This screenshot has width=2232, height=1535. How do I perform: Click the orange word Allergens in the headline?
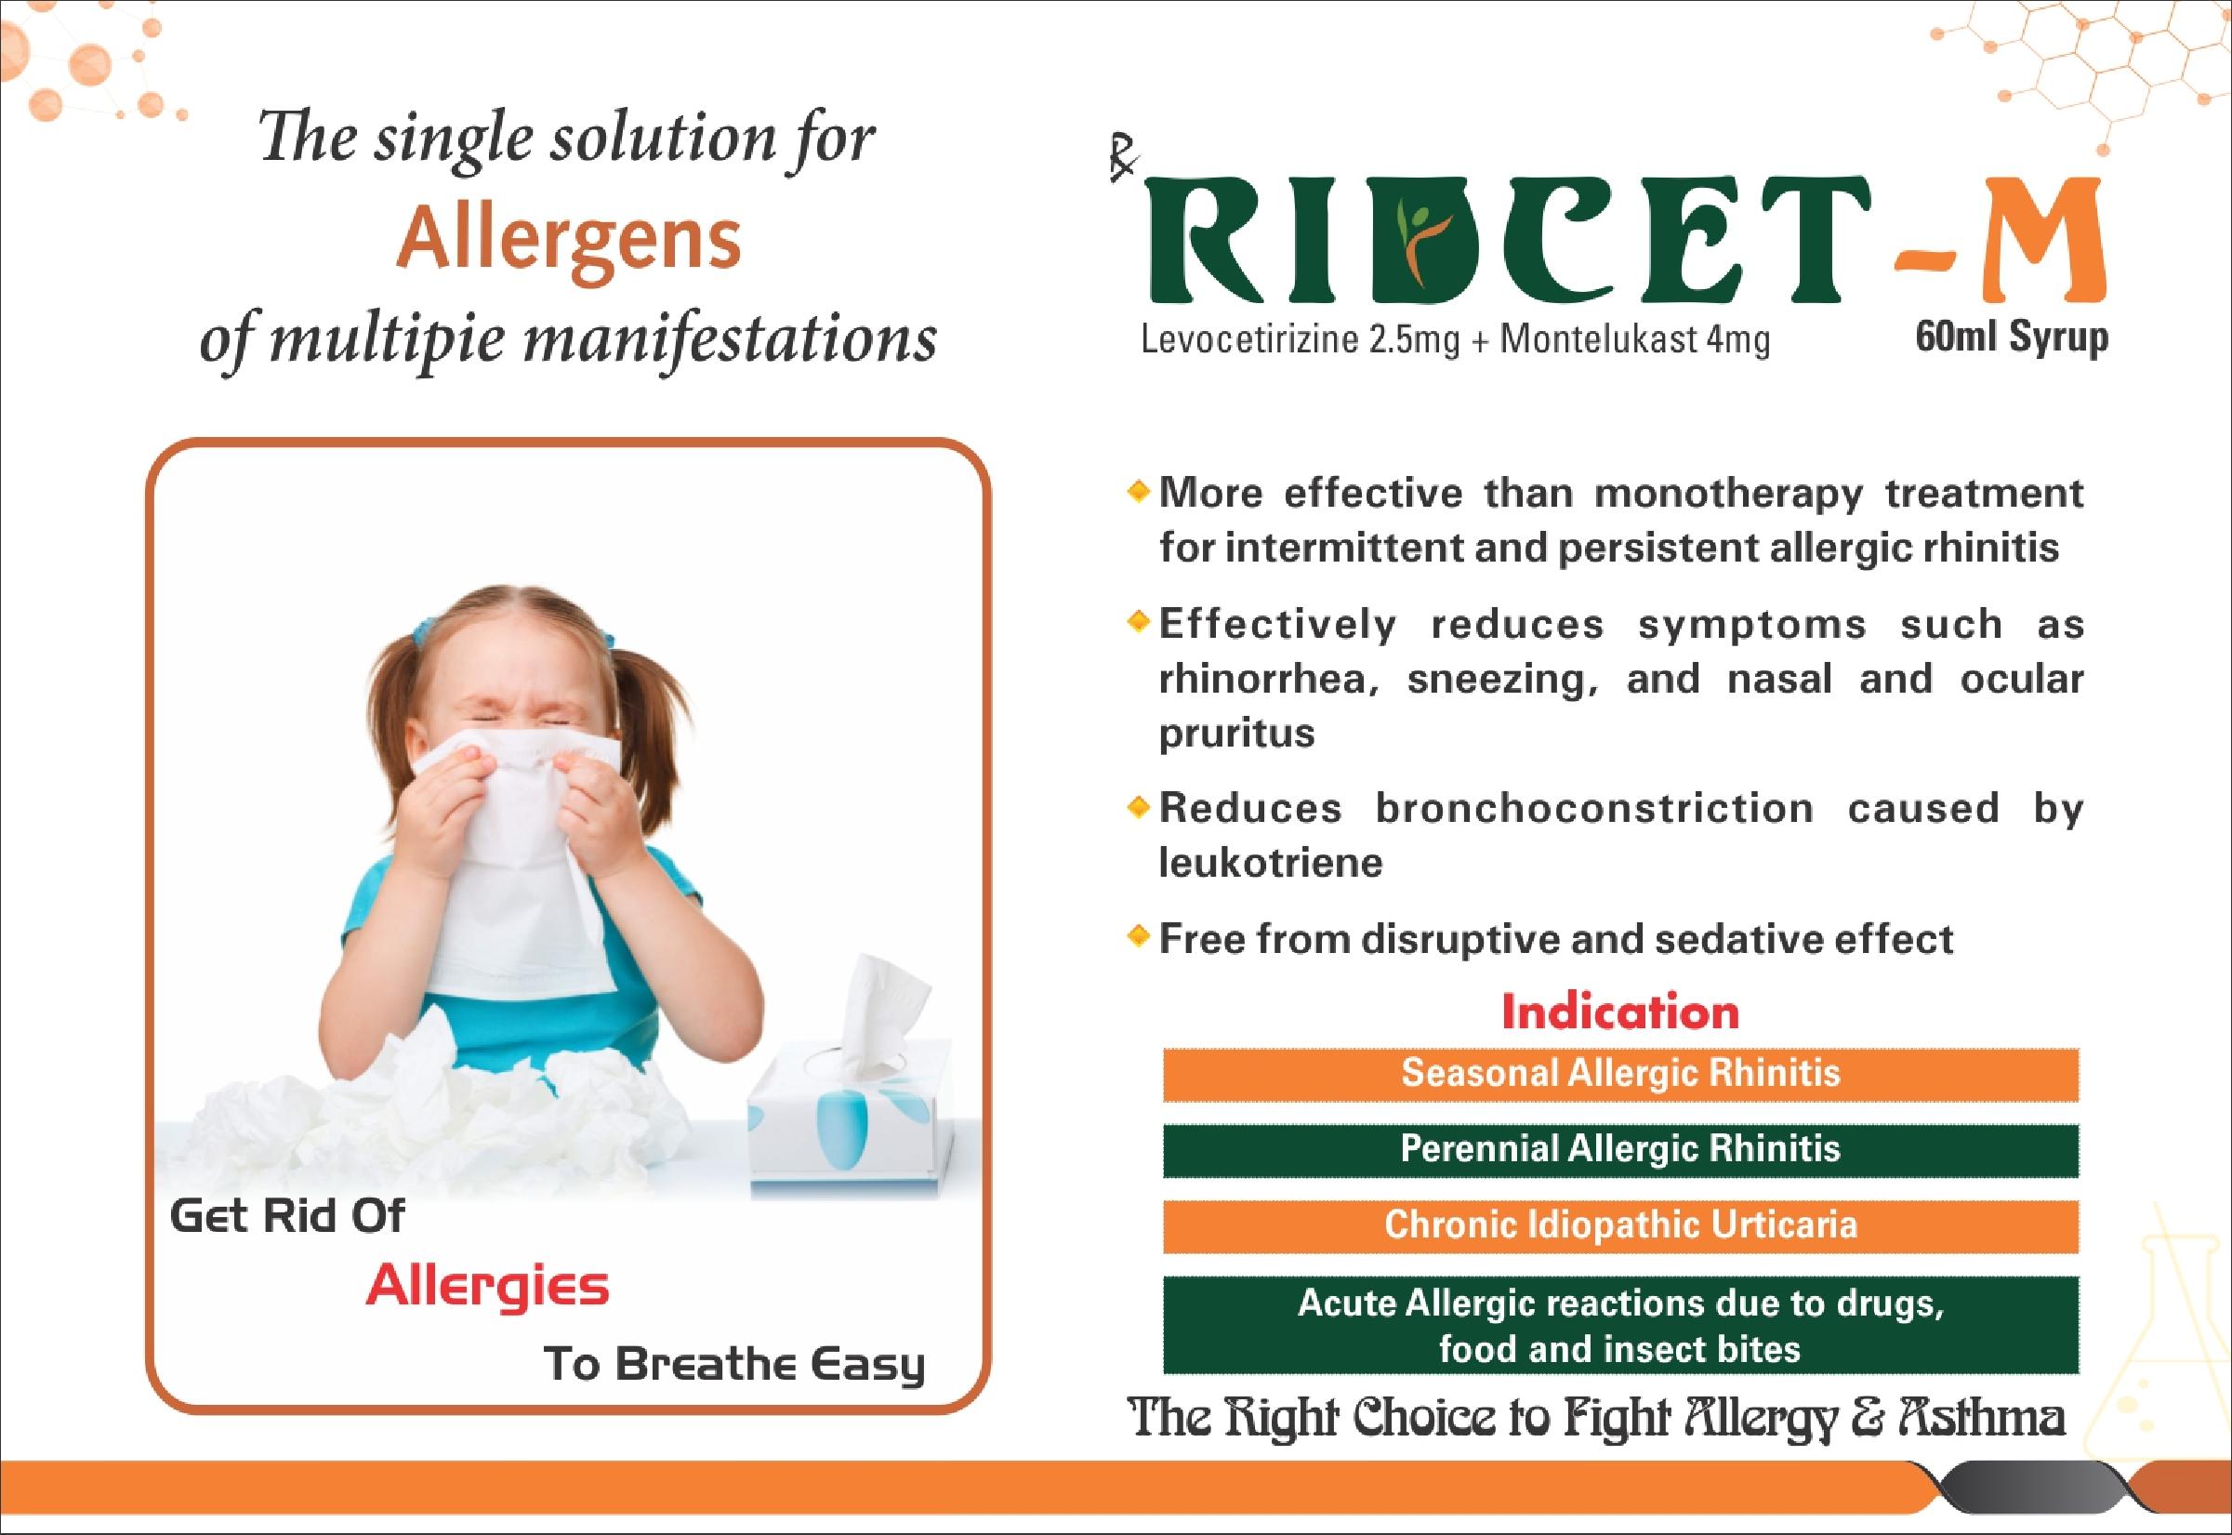coord(568,242)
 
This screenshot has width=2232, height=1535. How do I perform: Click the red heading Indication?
coord(1620,1012)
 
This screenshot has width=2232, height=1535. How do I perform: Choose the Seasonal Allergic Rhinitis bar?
coord(1620,1073)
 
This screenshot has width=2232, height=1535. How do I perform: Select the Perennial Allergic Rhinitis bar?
coord(1620,1149)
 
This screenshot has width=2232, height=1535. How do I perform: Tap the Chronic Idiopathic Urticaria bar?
coord(1620,1225)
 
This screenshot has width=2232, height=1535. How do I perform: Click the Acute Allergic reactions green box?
coord(1620,1324)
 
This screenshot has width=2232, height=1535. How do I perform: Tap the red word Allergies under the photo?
coord(487,1287)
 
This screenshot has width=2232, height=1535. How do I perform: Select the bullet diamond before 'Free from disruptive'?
coord(1139,934)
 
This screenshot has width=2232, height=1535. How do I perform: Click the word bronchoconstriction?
coord(1594,808)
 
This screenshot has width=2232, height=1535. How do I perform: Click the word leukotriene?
coord(1271,862)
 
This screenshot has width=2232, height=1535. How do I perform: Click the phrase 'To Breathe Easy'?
coord(733,1365)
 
